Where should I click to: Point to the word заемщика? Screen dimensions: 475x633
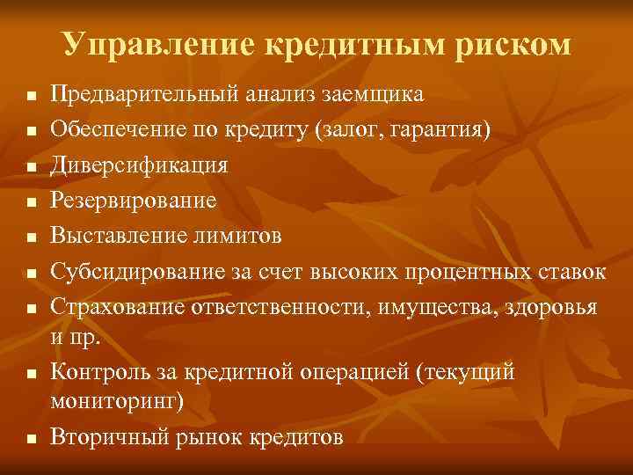click(x=370, y=94)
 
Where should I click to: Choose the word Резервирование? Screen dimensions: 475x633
click(x=133, y=201)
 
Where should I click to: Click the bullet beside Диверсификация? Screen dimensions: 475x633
click(x=30, y=166)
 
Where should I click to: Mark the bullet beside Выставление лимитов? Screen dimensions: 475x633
click(x=30, y=237)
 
